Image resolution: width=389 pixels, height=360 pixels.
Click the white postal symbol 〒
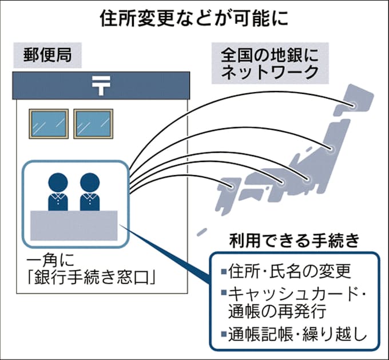click(100, 85)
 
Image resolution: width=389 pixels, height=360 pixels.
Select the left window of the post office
click(48, 123)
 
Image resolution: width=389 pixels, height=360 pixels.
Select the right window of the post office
click(93, 123)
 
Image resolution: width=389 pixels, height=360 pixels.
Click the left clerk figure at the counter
click(57, 191)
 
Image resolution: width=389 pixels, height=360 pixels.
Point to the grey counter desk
click(74, 226)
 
